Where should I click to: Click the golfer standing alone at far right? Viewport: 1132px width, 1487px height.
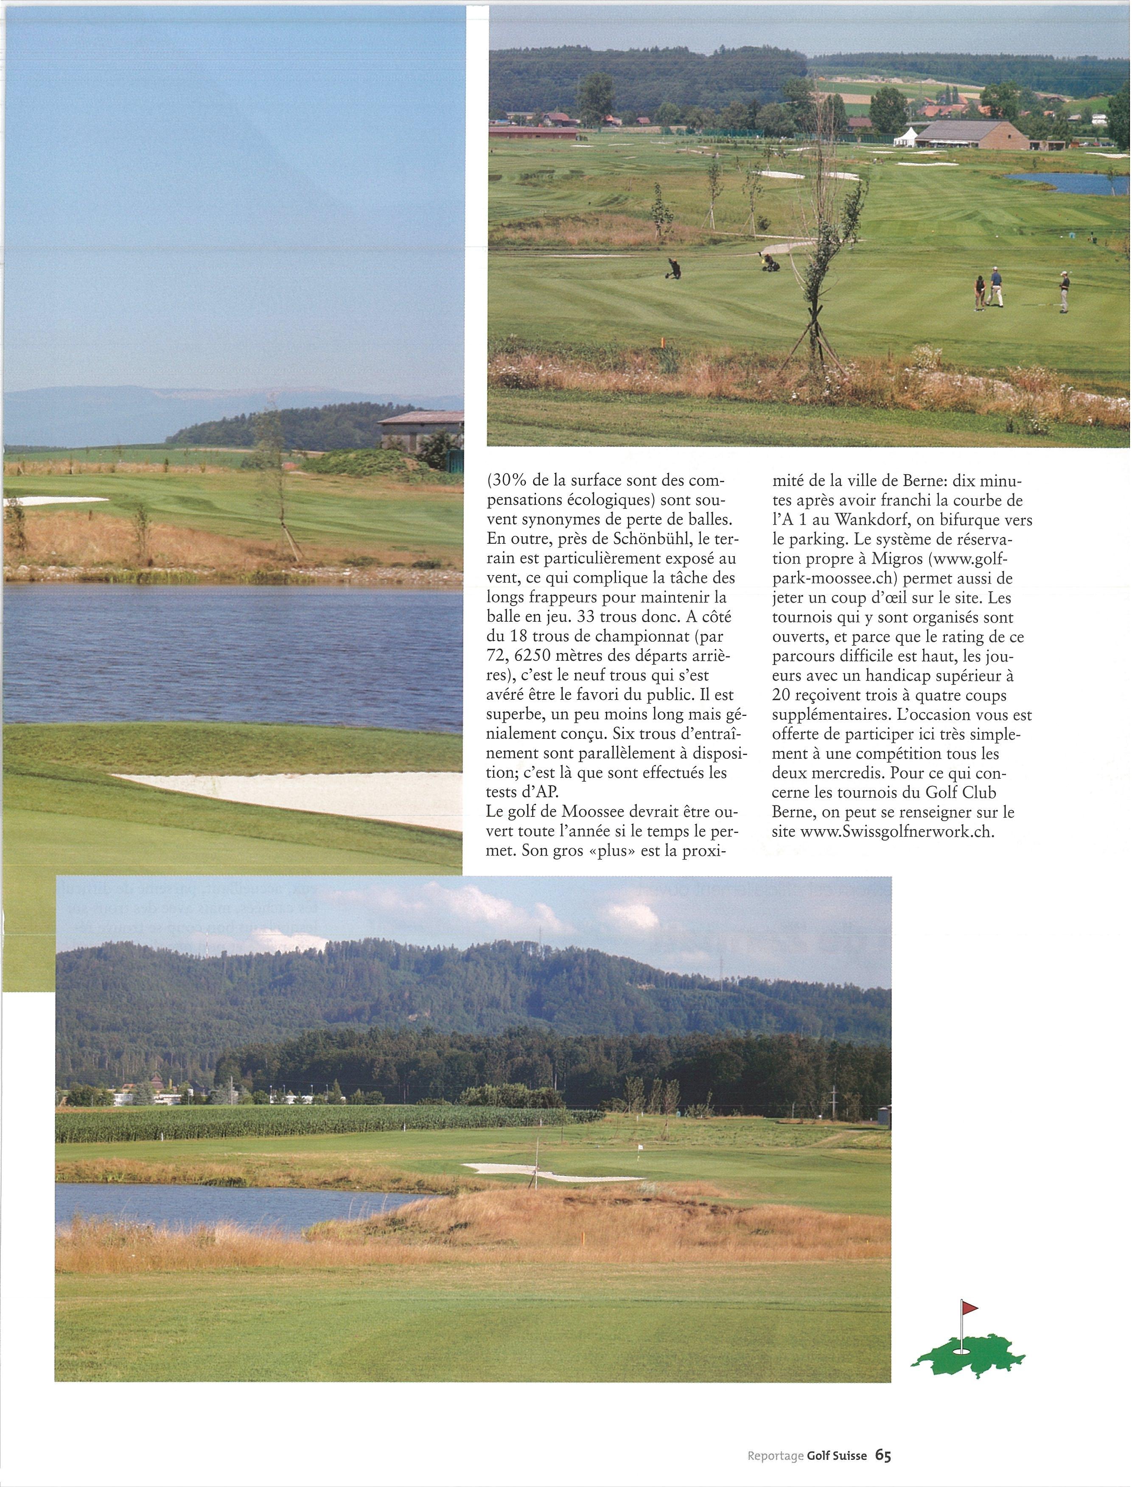tap(1063, 291)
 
